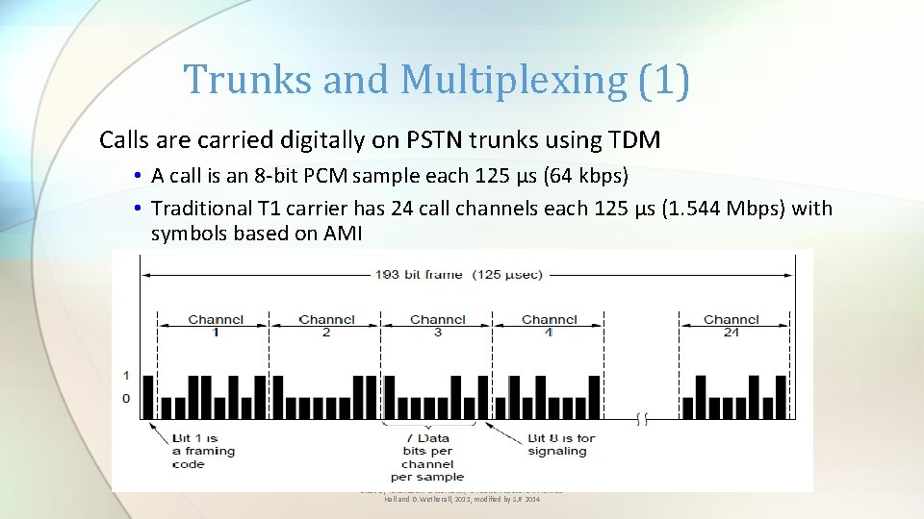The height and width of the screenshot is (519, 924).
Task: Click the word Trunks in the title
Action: point(248,80)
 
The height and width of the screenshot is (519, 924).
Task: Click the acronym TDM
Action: point(634,140)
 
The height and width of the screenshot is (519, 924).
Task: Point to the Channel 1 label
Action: point(216,325)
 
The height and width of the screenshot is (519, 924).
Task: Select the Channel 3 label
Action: point(438,325)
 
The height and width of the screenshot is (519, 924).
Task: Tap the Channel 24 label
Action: point(731,325)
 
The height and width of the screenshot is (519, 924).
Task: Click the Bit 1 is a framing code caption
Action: point(203,451)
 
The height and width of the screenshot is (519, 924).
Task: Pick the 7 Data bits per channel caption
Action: point(427,457)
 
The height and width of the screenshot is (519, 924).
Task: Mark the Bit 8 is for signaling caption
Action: point(559,444)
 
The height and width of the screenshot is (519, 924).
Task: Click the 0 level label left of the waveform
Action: point(126,398)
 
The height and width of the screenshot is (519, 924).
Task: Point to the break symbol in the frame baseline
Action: point(641,418)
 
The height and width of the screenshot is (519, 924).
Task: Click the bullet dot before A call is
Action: point(140,177)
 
